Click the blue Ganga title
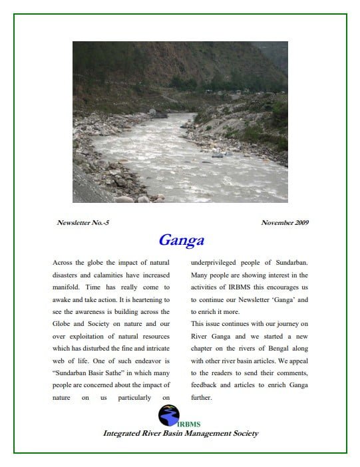point(181,240)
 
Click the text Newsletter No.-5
point(83,222)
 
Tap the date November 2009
point(285,222)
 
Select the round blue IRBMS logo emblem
point(168,416)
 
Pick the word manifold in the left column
point(67,287)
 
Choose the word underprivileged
point(217,263)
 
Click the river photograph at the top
point(180,122)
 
